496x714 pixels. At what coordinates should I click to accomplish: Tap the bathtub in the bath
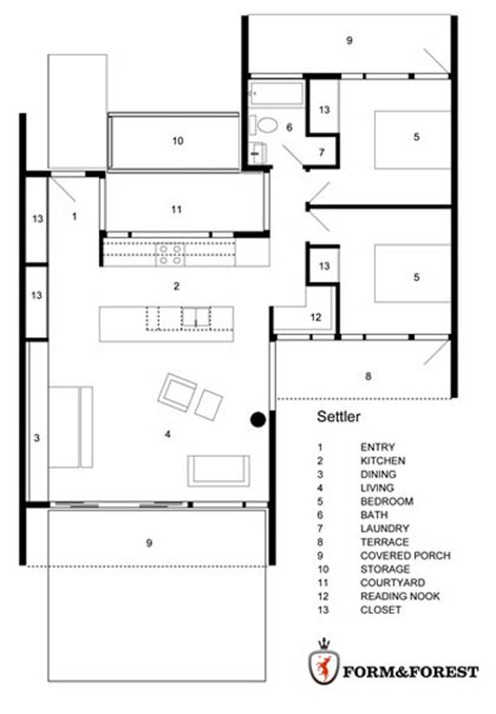pyautogui.click(x=277, y=93)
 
